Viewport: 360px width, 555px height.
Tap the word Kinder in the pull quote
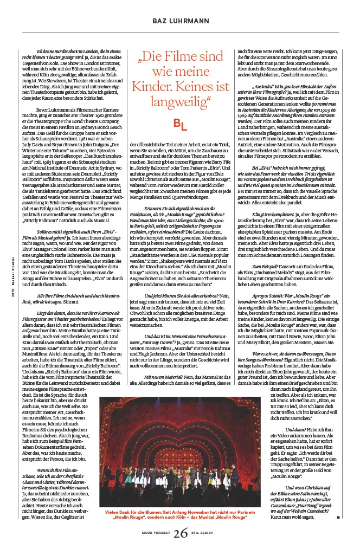[x=153, y=87]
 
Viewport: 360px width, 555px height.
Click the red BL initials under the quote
[x=180, y=125]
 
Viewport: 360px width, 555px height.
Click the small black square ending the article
[x=337, y=517]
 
